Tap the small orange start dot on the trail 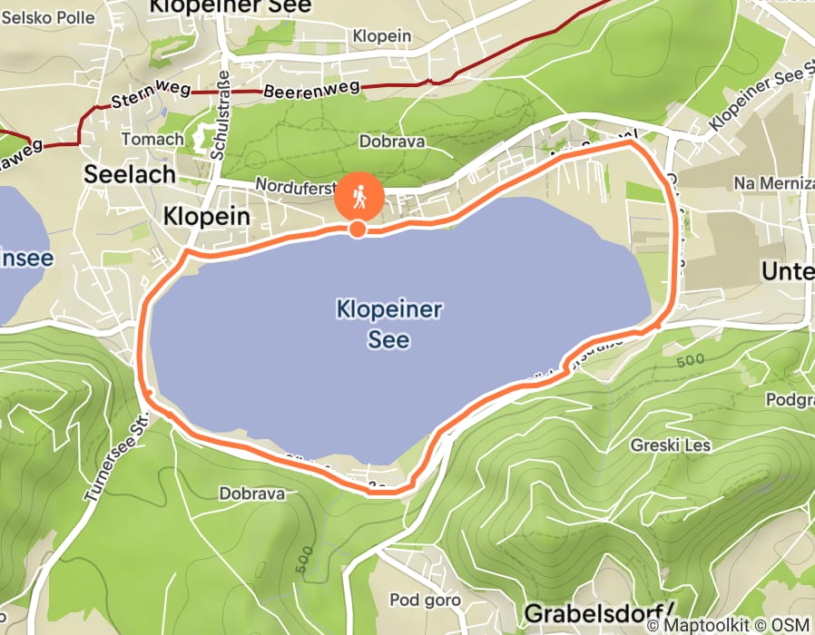[x=358, y=229]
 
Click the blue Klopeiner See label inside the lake [x=388, y=325]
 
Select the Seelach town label [x=130, y=175]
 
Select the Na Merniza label [x=771, y=184]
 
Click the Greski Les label [x=672, y=445]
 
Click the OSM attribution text [x=790, y=626]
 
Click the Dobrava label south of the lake [x=252, y=494]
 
